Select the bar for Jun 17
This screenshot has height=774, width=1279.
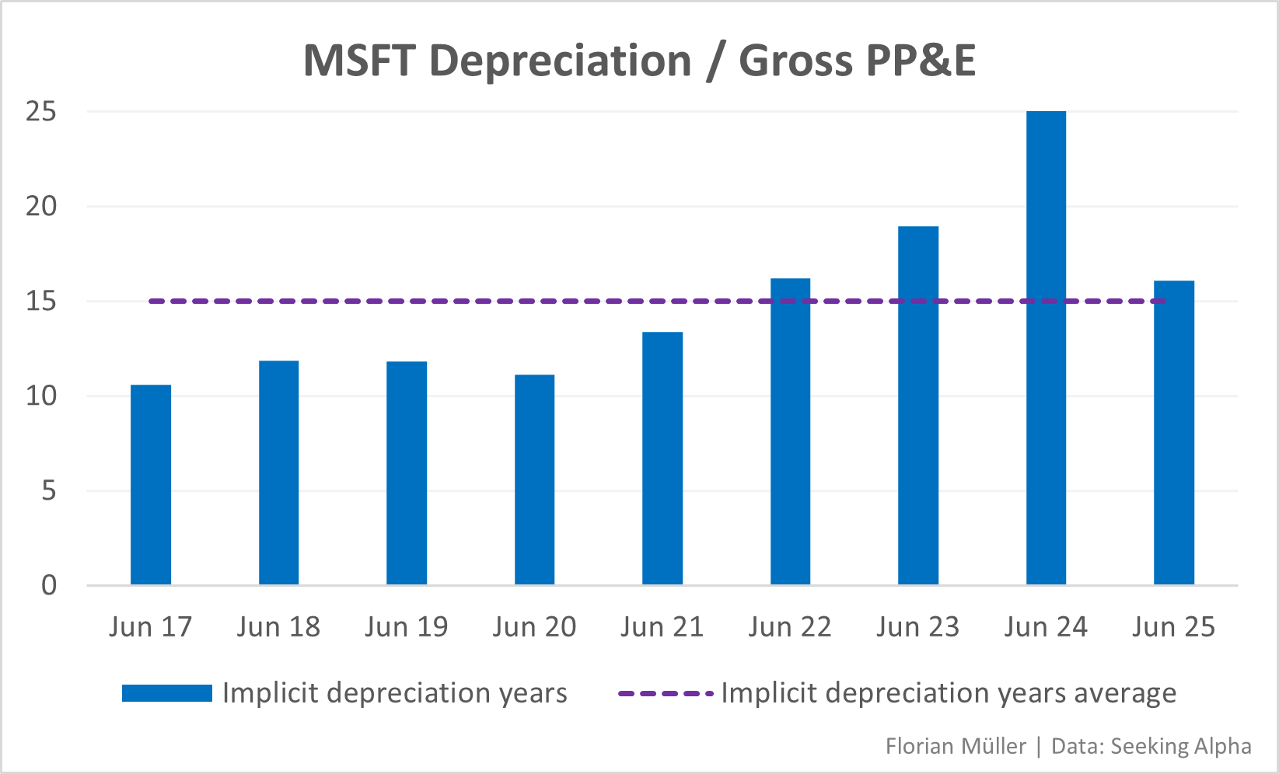[x=151, y=485]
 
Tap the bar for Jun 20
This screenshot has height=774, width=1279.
[x=534, y=479]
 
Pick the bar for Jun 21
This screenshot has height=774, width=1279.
[x=662, y=458]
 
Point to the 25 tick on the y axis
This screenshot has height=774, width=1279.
[x=41, y=112]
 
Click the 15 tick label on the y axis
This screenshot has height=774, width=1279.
[x=41, y=302]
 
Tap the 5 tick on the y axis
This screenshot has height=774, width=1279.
[x=49, y=491]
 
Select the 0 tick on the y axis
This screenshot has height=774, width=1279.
[x=49, y=585]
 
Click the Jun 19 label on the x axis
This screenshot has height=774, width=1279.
[x=407, y=626]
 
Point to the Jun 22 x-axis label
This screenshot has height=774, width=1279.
[x=790, y=626]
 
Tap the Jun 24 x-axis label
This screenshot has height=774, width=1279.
[x=1046, y=626]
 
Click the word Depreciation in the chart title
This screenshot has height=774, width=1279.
[x=560, y=61]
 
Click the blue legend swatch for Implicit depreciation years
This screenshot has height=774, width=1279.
[x=167, y=693]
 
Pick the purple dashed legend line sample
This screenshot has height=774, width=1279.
[x=666, y=693]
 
